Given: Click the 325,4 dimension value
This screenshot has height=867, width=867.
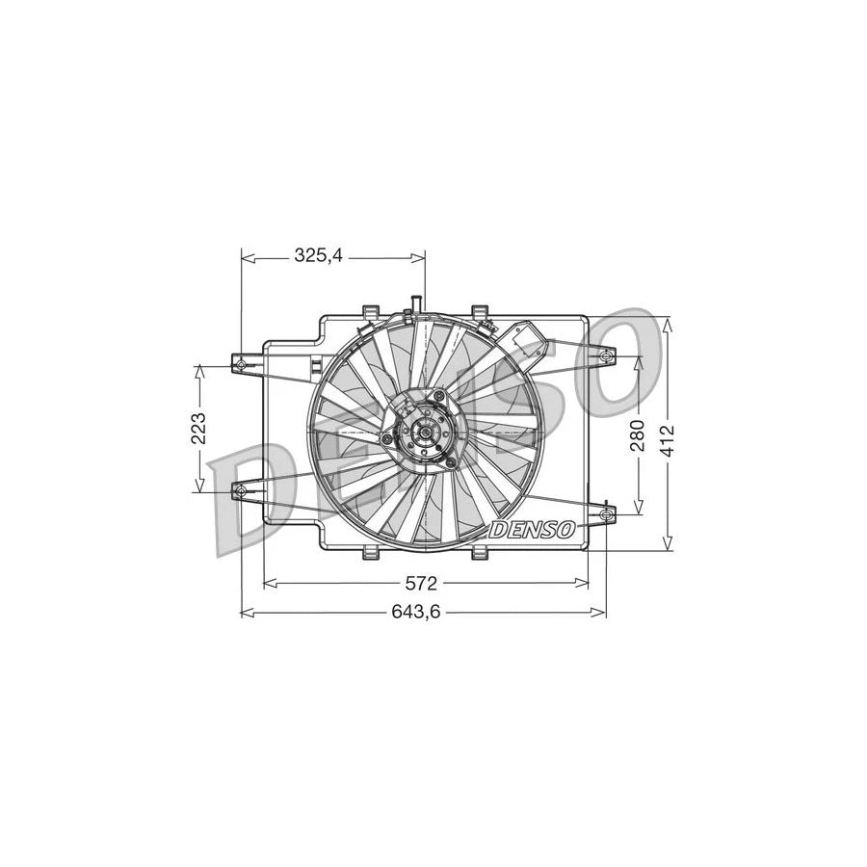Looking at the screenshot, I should coord(319,256).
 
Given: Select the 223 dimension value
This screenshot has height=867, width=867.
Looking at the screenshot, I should coord(199,427).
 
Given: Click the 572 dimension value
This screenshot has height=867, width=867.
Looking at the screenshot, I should coord(422,583).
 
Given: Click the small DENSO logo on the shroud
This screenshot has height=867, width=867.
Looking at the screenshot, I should coord(533,529).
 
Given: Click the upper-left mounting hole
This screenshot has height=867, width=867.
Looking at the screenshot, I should coord(242,364).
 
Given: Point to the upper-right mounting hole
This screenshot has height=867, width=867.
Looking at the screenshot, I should coord(605,358).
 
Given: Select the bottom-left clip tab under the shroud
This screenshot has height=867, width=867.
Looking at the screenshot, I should coord(370,553).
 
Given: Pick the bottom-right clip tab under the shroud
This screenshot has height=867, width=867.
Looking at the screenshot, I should coord(479,553).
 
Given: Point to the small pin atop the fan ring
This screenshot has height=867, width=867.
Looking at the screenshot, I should coord(415,304).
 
